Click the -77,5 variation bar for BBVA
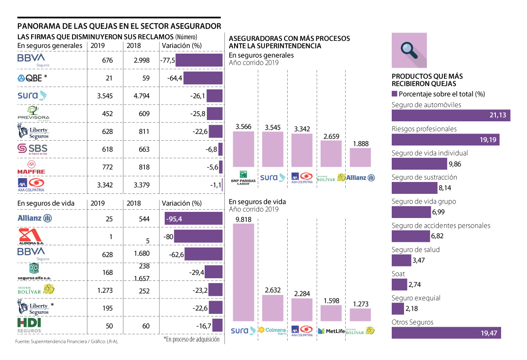tap(199, 60)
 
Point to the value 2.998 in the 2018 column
tap(142, 60)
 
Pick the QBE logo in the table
tap(32, 78)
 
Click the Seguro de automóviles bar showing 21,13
tap(451, 115)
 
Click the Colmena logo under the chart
tap(272, 331)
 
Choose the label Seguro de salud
tap(415, 250)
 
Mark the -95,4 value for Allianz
tap(174, 219)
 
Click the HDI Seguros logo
tap(29, 325)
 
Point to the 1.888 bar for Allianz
tap(360, 157)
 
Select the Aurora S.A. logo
tap(30, 237)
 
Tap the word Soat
tap(398, 274)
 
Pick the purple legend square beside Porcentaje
tap(394, 94)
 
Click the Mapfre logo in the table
tap(31, 167)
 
